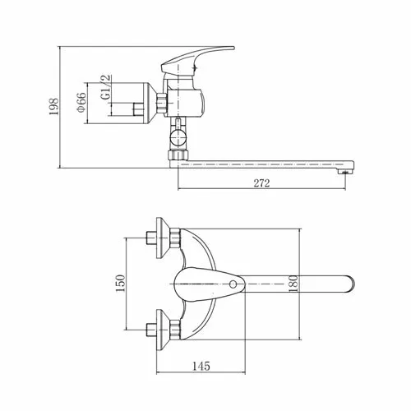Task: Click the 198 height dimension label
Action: [53, 107]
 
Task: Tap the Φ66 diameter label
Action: [81, 103]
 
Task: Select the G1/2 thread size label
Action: [106, 86]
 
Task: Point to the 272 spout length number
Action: [261, 183]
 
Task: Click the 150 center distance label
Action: [120, 283]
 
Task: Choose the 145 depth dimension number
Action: [201, 366]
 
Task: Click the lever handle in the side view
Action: [197, 59]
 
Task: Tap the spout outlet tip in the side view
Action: [346, 172]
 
